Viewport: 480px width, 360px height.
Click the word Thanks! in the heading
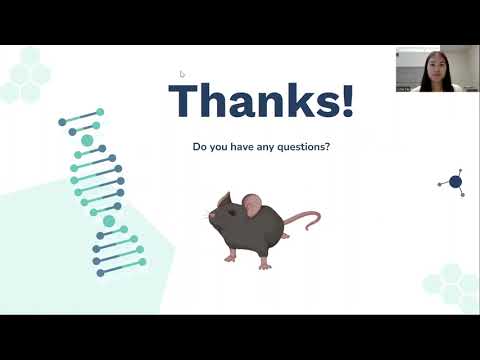261,101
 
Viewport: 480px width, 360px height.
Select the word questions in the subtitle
302,147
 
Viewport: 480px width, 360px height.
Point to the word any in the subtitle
262,147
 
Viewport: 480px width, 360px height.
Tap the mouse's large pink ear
252,207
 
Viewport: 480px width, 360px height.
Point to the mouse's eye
226,211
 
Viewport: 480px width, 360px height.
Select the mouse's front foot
231,257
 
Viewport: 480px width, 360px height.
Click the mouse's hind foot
265,264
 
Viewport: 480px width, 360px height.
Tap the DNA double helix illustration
100,190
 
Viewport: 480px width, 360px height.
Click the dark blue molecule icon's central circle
455,182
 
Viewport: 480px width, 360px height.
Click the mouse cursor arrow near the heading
181,73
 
